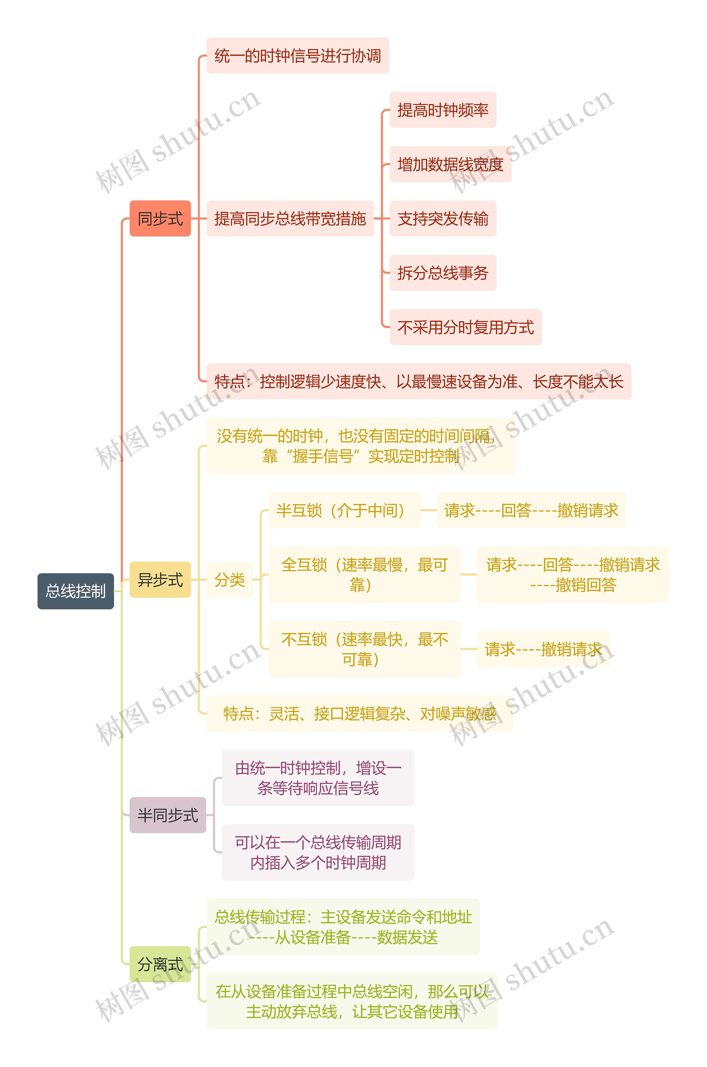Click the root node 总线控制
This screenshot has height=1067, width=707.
pyautogui.click(x=76, y=591)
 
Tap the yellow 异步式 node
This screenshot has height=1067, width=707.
pyautogui.click(x=160, y=579)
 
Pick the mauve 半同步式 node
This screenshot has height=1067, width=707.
pyautogui.click(x=167, y=815)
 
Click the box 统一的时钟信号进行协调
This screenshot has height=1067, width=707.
pyautogui.click(x=298, y=56)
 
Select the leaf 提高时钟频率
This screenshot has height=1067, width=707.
pyautogui.click(x=443, y=110)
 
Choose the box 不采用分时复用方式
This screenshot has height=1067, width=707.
pyautogui.click(x=465, y=327)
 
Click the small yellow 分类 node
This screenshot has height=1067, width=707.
pyautogui.click(x=229, y=579)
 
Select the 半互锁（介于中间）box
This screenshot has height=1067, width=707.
pyautogui.click(x=344, y=510)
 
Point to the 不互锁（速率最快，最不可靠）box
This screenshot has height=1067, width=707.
pyautogui.click(x=364, y=649)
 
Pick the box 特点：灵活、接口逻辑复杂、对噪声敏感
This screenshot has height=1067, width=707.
pyautogui.click(x=359, y=713)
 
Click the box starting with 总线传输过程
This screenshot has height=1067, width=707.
pyautogui.click(x=343, y=927)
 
